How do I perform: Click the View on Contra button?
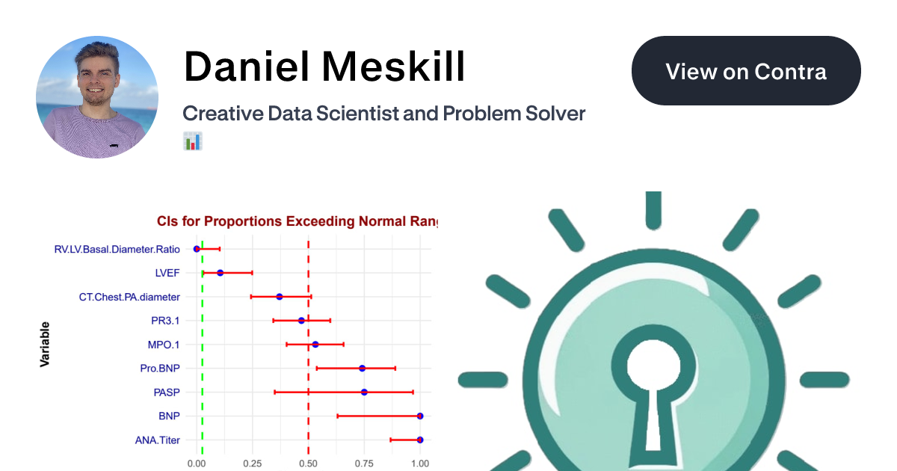(746, 71)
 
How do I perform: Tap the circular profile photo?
(97, 97)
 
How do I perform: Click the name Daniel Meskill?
(324, 67)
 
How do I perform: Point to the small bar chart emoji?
(193, 141)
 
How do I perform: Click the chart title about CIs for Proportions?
(297, 221)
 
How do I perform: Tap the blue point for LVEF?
(220, 273)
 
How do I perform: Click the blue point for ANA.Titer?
(420, 440)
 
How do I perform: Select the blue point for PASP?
(364, 392)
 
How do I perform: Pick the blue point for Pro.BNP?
(363, 369)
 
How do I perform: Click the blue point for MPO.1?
(315, 345)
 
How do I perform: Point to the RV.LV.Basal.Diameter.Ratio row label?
(117, 249)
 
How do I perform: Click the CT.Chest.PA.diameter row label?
(129, 297)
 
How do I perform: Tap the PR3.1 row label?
(165, 321)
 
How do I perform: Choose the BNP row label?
(169, 416)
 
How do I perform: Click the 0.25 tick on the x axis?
(253, 464)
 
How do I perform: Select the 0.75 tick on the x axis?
(364, 464)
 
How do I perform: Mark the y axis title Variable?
(45, 344)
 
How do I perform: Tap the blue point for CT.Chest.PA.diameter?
(280, 297)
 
